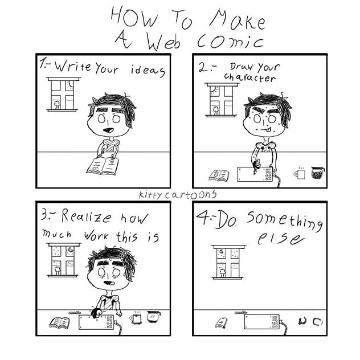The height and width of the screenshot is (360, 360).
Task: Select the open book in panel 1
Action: click(103, 166)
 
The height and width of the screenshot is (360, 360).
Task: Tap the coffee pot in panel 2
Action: click(317, 173)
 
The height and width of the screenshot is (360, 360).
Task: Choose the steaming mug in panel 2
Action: click(299, 174)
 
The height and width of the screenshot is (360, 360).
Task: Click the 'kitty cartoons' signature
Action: click(177, 195)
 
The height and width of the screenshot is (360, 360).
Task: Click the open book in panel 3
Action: click(60, 323)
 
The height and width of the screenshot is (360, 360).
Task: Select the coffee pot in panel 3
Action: click(153, 317)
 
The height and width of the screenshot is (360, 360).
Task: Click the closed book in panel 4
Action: click(220, 323)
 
